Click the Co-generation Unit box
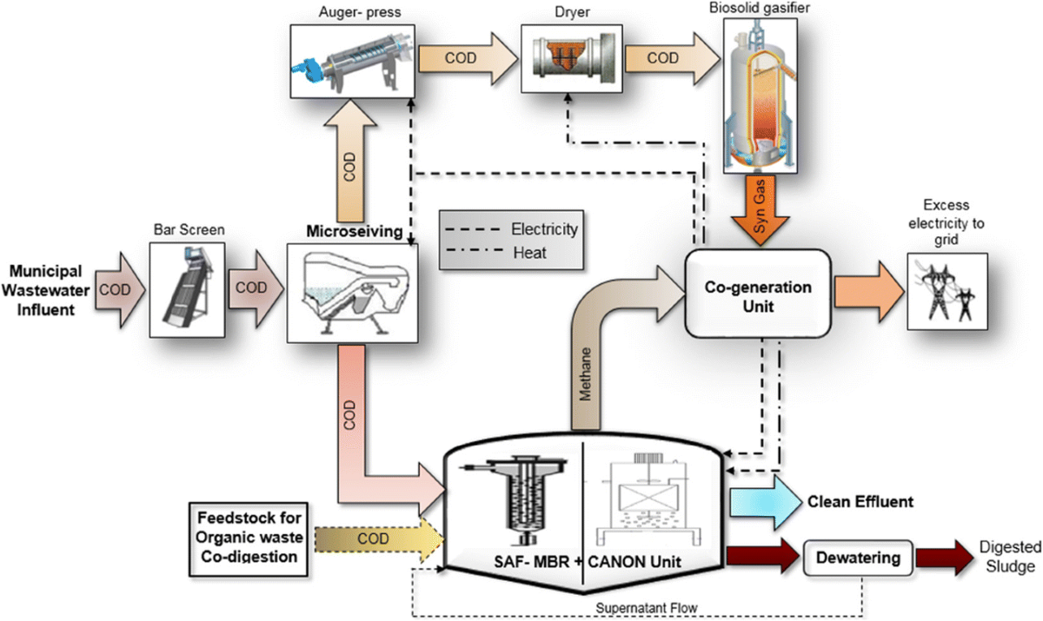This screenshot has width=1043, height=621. (x=758, y=294)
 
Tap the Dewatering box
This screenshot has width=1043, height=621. (x=858, y=558)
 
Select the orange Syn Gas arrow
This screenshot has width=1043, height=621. (x=760, y=209)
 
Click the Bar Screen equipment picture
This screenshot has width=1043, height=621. (x=187, y=290)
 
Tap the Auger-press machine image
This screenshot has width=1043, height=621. (x=353, y=61)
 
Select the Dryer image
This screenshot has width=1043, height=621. (x=572, y=58)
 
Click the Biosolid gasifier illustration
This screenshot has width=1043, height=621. (x=760, y=96)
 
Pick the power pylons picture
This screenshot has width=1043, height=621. (x=947, y=292)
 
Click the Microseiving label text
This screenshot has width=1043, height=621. (x=355, y=231)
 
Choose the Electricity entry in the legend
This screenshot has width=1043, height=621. (x=512, y=229)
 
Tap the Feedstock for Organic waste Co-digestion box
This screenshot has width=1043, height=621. (x=249, y=539)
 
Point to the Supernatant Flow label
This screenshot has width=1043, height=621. (x=647, y=607)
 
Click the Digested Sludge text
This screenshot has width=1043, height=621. (x=1010, y=557)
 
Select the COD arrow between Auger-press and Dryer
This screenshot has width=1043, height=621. (x=468, y=58)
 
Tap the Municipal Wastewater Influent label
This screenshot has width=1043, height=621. (x=45, y=290)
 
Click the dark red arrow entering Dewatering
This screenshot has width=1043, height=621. (x=763, y=556)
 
